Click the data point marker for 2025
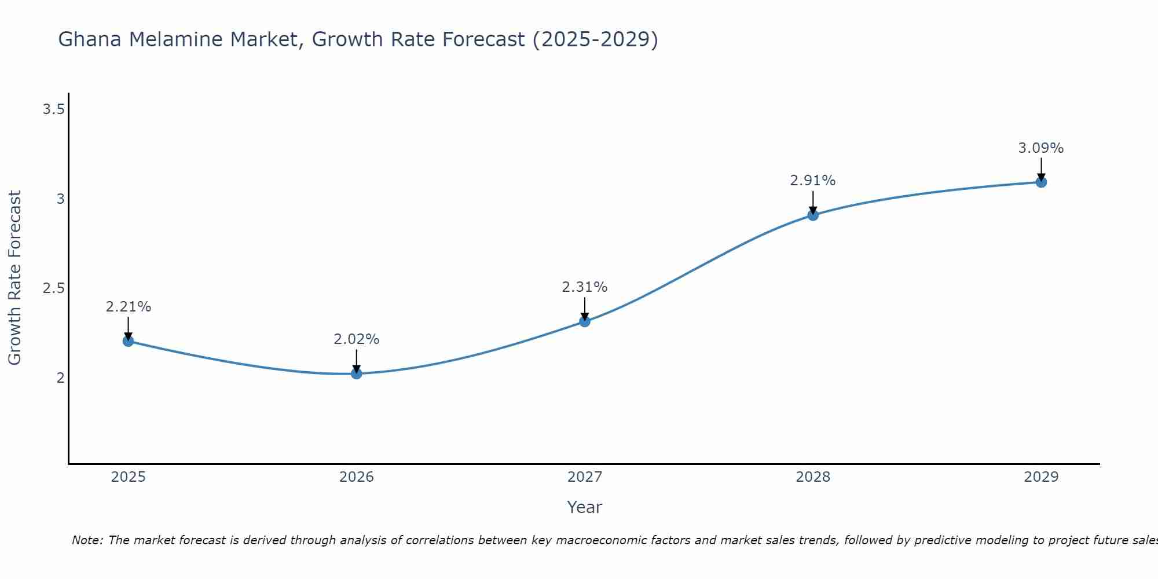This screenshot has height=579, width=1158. [128, 341]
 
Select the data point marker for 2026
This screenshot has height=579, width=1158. [356, 374]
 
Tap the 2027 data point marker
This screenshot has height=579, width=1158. [585, 321]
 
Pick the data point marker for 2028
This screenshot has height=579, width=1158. [813, 215]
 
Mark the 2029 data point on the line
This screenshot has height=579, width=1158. [1041, 182]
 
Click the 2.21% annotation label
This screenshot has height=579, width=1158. [128, 307]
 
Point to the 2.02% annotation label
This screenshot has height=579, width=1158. [356, 339]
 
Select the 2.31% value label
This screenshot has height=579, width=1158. [585, 287]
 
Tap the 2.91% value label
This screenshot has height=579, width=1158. [813, 181]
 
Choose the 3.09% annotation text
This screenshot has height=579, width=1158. [1041, 148]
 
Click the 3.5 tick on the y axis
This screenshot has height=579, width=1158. [53, 109]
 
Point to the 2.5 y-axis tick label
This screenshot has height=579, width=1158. [53, 288]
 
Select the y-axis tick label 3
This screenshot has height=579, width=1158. [60, 199]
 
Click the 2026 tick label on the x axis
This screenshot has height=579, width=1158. [356, 477]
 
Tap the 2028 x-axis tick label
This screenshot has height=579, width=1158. [813, 477]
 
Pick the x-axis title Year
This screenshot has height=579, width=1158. [585, 507]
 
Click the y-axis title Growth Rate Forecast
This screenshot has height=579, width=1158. [14, 278]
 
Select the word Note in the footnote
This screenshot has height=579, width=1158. [86, 540]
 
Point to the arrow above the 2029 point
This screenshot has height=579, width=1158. [1041, 169]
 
